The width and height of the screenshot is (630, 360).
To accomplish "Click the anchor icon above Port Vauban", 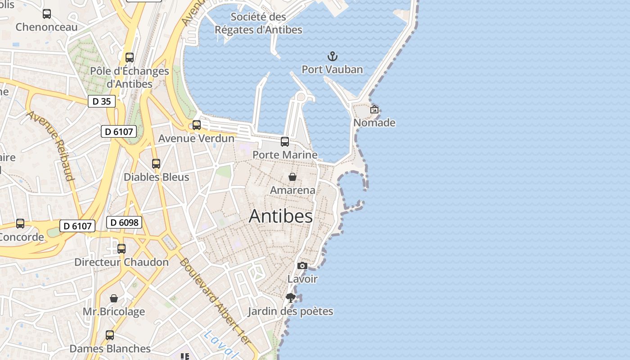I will click(x=332, y=56).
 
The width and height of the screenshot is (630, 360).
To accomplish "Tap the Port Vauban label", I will click(x=332, y=70).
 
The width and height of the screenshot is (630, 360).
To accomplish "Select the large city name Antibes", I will click(x=281, y=216).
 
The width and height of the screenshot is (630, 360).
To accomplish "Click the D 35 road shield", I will click(x=101, y=101).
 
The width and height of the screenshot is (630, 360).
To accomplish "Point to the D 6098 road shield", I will click(x=124, y=222).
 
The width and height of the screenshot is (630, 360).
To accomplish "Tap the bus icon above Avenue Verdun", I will click(x=197, y=125).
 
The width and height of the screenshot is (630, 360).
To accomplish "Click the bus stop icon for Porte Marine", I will click(x=285, y=142).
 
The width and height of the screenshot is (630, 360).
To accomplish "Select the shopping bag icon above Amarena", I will click(x=292, y=177).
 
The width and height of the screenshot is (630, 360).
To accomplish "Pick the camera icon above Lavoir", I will click(x=302, y=266).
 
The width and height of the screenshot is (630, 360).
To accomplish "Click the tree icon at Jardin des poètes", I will click(x=290, y=297).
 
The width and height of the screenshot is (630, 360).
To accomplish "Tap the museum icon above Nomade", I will click(x=374, y=109).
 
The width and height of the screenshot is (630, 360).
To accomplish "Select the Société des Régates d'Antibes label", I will click(x=258, y=23).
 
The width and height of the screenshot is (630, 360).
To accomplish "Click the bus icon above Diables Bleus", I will click(x=156, y=164).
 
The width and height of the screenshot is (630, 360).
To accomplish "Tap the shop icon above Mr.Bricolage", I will click(x=114, y=298).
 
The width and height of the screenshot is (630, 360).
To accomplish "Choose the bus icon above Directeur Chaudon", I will click(x=121, y=249).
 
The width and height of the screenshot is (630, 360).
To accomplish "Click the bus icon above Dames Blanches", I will click(x=110, y=335).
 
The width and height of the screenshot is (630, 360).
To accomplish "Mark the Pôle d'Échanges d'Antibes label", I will click(x=130, y=77).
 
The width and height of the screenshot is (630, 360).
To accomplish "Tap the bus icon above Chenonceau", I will click(x=47, y=14).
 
